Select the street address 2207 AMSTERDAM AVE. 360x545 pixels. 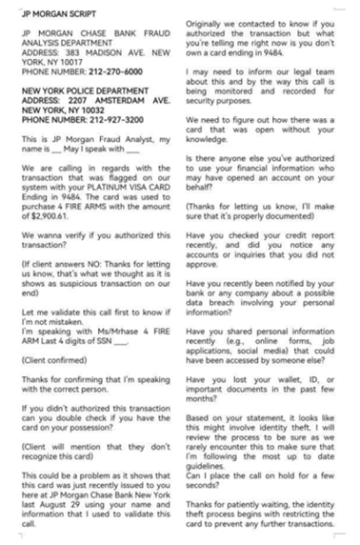click(107, 106)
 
